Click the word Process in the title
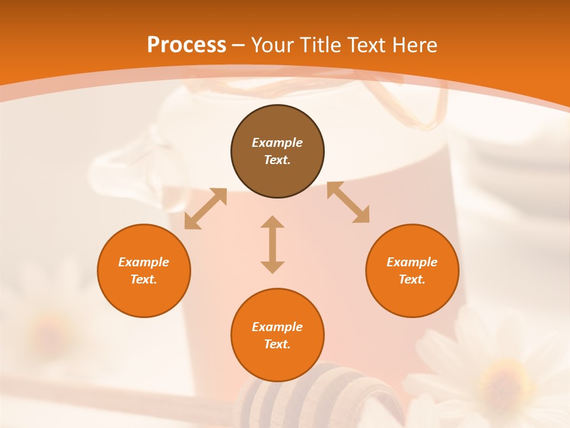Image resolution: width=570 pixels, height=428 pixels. coord(186,45)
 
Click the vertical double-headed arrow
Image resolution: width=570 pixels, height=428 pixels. coord(273,244)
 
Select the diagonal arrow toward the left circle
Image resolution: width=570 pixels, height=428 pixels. coord(205,209)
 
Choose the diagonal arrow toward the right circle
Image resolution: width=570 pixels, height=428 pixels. coord(348,202)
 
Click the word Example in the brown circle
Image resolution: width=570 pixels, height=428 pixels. coord(277,143)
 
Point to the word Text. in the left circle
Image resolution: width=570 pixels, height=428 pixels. coord(144,279)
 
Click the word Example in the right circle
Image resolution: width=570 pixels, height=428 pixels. coord(412,262)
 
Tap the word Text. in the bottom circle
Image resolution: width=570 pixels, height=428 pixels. coord(277,344)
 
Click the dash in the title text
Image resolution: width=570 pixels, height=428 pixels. coord(238,45)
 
